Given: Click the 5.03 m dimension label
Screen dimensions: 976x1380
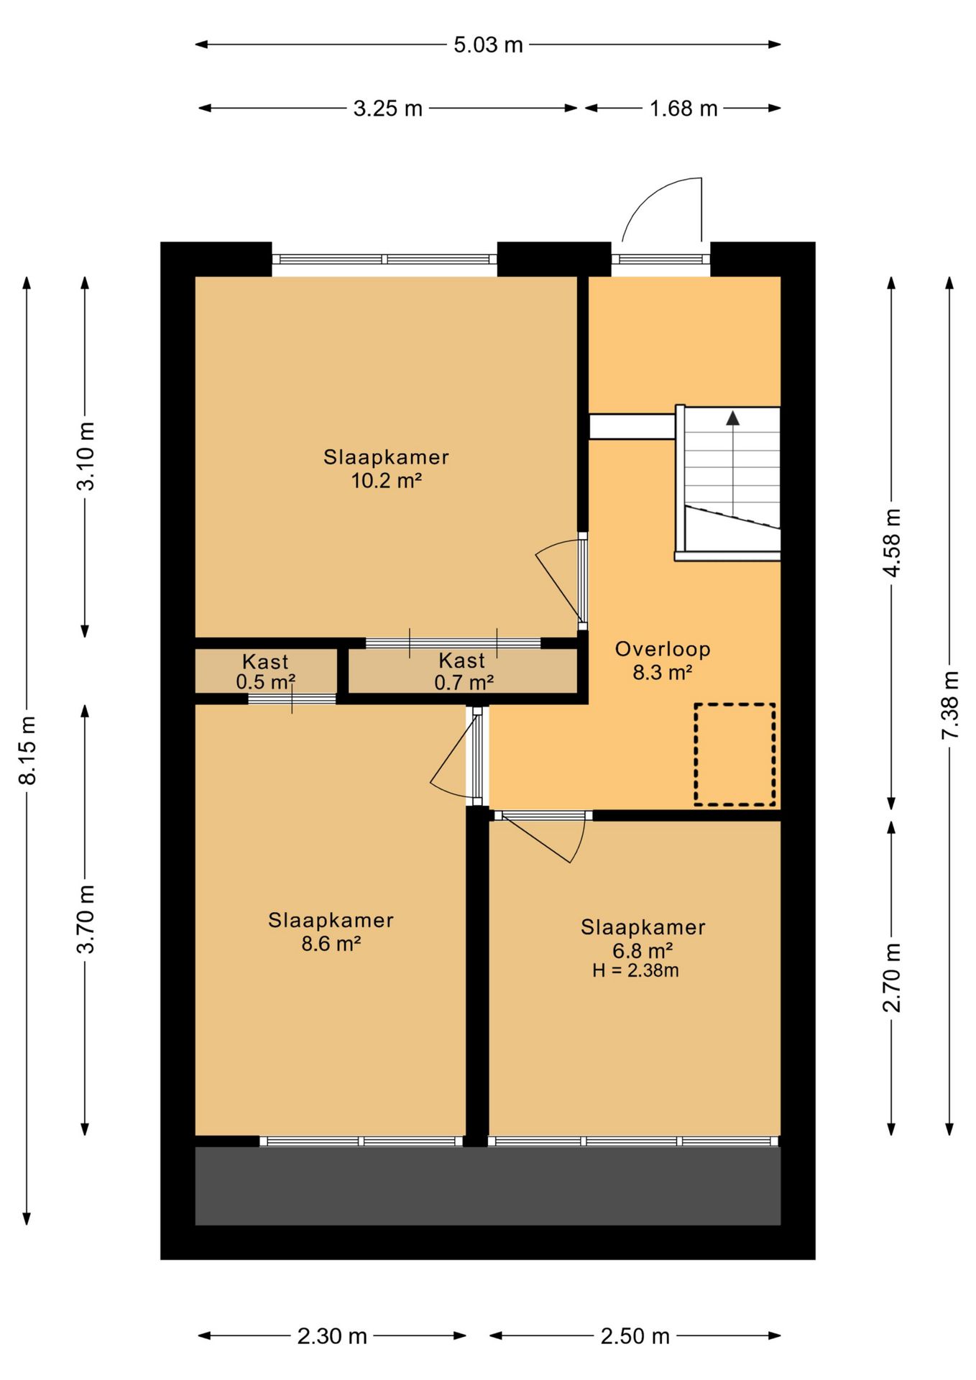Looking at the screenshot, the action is tap(488, 45).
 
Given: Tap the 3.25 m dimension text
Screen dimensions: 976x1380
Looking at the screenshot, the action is tap(388, 109).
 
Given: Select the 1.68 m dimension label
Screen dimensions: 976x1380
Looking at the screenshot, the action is tap(683, 109).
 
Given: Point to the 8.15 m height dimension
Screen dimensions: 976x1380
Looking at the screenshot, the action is tap(28, 750).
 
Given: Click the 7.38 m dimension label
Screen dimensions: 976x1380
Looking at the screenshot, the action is tap(951, 704).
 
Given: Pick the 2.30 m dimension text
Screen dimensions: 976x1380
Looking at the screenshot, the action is tap(332, 1336).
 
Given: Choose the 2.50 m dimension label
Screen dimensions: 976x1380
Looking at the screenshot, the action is tap(635, 1336).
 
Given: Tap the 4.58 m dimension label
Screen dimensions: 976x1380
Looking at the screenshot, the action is tap(892, 543).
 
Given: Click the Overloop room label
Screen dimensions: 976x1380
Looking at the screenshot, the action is tap(663, 649).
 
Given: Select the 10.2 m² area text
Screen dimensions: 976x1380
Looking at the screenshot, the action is tap(386, 481).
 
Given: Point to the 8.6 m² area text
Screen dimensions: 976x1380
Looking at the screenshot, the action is tap(331, 944).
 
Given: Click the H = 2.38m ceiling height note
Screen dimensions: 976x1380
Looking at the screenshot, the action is tap(635, 971).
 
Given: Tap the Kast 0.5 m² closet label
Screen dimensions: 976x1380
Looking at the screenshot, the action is tap(265, 671).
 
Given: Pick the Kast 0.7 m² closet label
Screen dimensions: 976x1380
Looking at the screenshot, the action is tap(464, 671).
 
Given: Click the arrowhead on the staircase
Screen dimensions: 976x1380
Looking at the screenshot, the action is tap(732, 418).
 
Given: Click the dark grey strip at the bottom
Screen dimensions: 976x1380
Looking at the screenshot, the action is tap(488, 1186).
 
